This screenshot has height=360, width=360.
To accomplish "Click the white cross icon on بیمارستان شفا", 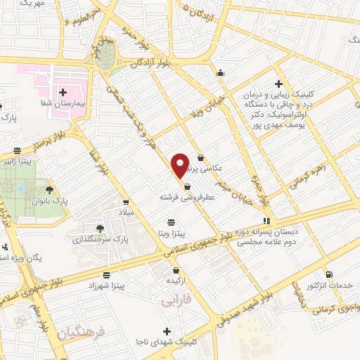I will [x=63, y=92].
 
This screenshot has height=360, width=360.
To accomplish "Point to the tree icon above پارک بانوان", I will [x=49, y=189].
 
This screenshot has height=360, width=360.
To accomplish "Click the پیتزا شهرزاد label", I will [x=106, y=288].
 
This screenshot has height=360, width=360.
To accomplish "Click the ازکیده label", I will [x=176, y=281].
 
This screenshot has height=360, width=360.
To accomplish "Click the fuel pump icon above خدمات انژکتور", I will [x=330, y=274].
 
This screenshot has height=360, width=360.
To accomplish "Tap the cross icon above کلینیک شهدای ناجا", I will [x=166, y=330].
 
